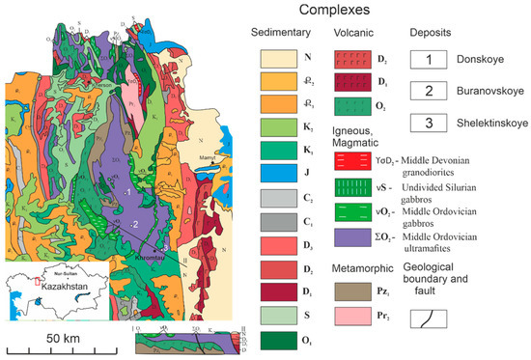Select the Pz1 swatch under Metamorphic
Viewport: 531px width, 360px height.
point(352,289)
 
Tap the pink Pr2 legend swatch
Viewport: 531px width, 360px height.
point(352,316)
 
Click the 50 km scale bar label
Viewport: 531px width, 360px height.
point(64,341)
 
